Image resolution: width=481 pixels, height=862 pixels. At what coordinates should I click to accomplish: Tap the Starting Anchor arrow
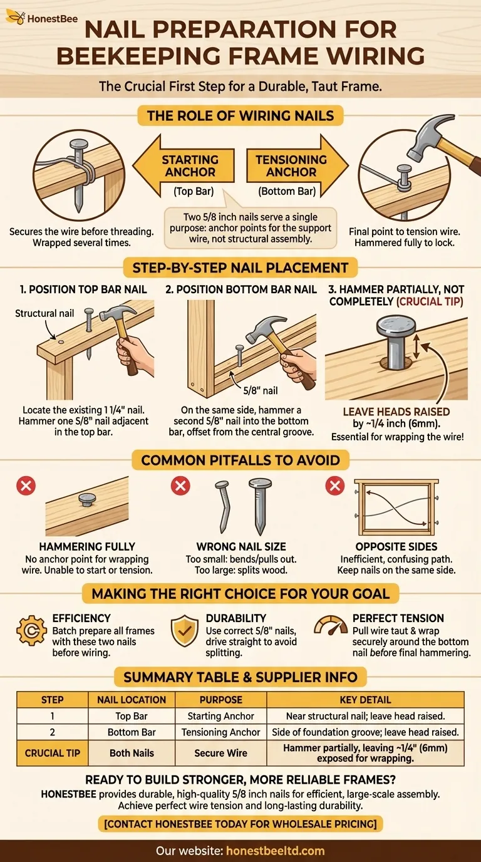coord(184,166)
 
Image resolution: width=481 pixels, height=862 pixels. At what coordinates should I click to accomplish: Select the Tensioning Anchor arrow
coord(297,166)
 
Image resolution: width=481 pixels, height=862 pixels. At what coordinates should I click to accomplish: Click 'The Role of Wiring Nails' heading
coord(240,116)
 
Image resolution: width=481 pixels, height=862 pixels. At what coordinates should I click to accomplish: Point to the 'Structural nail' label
coord(44,313)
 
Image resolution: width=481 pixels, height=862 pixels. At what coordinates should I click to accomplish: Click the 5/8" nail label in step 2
coord(261,391)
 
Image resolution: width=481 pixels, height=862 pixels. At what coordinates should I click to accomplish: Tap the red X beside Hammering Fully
coord(26,486)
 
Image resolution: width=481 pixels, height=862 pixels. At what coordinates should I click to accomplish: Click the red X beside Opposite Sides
coord(335,486)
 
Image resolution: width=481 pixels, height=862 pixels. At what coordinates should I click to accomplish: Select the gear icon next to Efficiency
coord(31,630)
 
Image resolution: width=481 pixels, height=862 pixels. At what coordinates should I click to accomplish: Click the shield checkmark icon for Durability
coord(185,631)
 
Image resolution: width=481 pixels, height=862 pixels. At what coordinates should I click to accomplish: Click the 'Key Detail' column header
coord(365,700)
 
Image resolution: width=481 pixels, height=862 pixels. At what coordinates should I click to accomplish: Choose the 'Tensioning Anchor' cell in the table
coord(221,732)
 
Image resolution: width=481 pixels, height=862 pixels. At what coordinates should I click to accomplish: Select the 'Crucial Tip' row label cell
coord(53,753)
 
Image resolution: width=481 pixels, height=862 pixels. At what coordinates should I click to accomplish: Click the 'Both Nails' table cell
coord(132,753)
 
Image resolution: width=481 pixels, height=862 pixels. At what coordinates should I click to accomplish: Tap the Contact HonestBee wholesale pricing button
coord(240,824)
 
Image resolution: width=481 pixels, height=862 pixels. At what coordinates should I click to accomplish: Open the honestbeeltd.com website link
coord(275,851)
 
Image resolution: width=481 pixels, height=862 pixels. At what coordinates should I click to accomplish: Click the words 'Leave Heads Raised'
coord(396,412)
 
